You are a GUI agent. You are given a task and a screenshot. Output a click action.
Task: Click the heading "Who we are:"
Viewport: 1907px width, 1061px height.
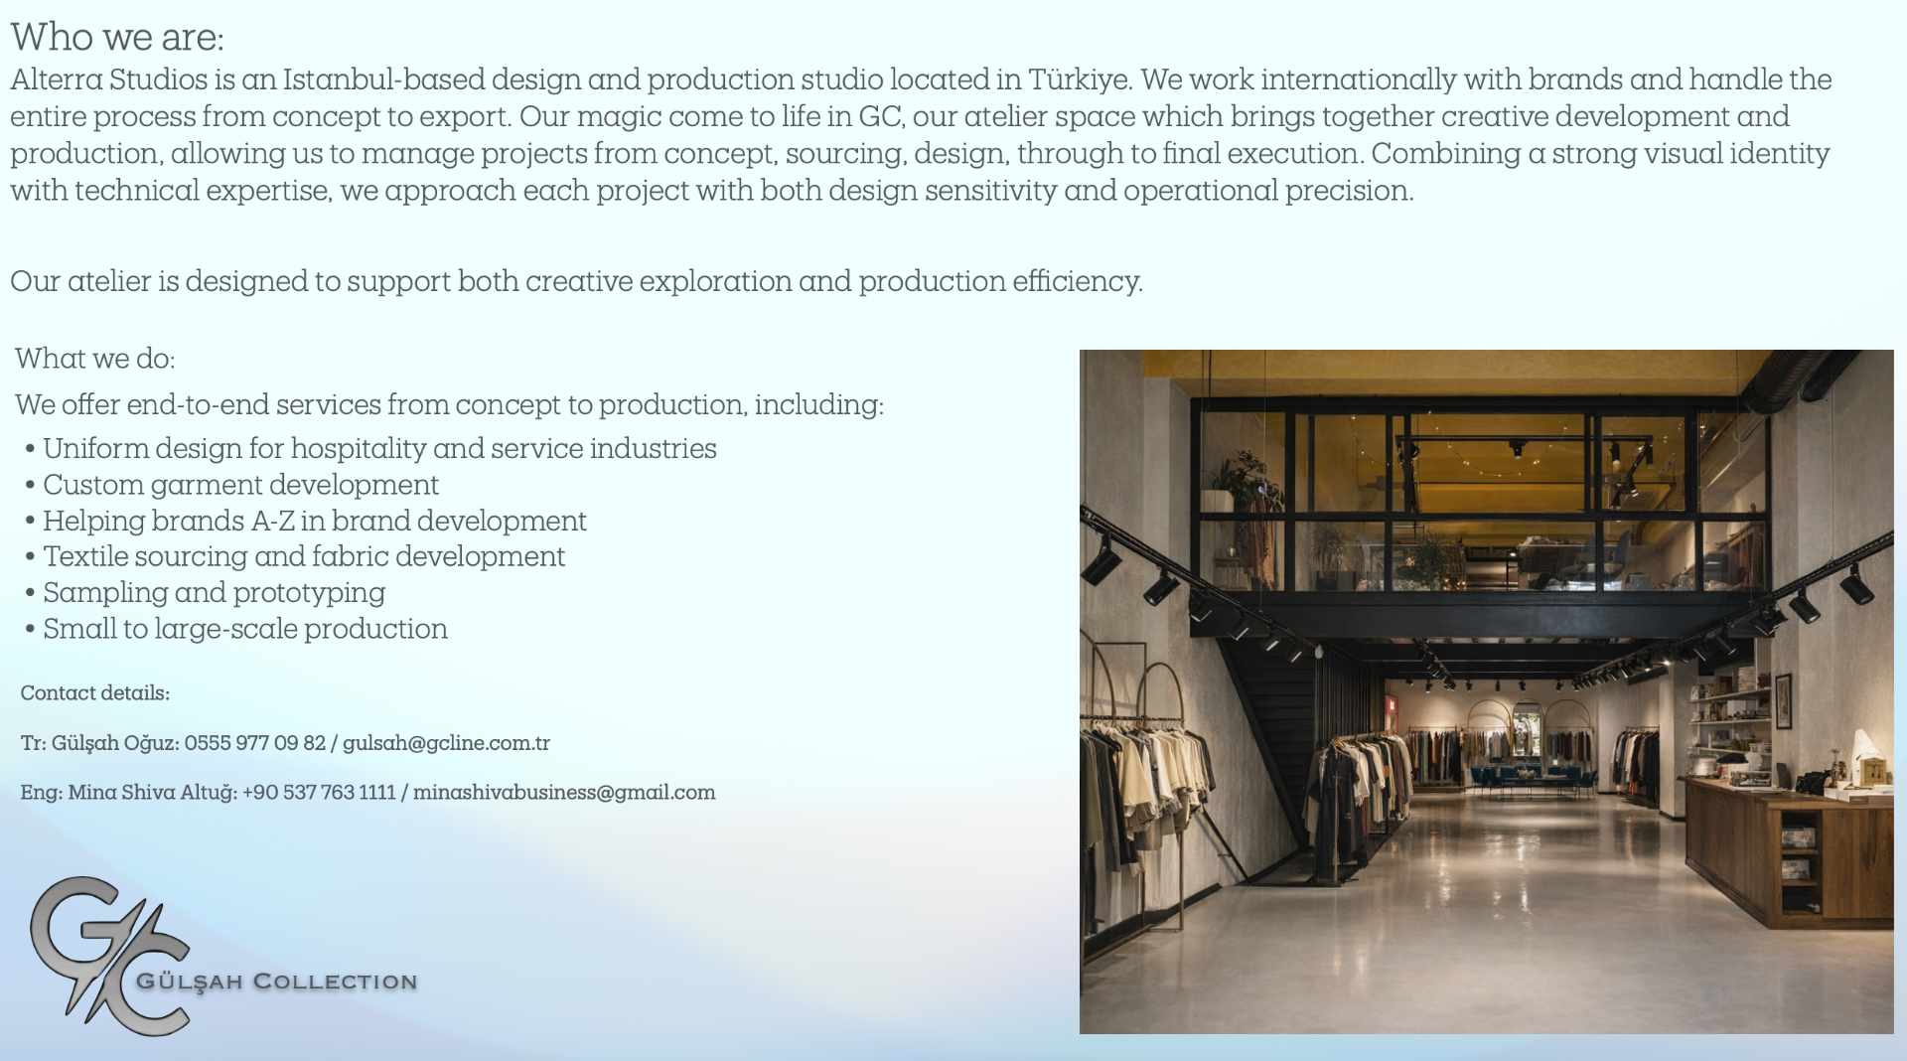coord(117,38)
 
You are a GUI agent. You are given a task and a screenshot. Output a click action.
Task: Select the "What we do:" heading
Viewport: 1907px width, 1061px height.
coord(95,359)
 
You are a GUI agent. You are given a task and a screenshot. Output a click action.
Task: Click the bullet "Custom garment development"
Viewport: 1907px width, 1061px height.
coord(240,485)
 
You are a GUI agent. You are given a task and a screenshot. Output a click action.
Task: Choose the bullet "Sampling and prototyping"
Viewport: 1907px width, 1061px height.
coord(214,593)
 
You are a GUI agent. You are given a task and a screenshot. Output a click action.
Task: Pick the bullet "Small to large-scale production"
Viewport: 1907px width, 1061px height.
coord(245,629)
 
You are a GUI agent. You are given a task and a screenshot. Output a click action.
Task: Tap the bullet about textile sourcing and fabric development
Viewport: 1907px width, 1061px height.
coord(304,556)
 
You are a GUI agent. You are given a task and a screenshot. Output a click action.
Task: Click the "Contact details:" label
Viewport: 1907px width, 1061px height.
coord(95,693)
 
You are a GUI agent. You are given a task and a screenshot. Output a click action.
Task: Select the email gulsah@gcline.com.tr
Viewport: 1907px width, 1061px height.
coord(446,743)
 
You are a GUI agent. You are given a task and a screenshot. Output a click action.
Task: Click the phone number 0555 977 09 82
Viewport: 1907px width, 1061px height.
coord(255,743)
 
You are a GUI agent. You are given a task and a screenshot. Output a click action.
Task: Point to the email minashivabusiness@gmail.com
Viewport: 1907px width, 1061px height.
coord(564,793)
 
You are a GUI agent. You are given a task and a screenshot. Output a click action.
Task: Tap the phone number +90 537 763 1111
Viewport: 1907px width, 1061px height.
coord(319,793)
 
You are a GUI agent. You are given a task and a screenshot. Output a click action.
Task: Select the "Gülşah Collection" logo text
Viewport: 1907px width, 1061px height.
coord(277,982)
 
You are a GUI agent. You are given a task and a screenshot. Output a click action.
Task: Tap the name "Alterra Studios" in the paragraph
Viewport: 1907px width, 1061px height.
coord(109,79)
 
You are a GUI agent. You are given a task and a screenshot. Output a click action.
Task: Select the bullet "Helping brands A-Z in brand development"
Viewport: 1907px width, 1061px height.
coord(315,521)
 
